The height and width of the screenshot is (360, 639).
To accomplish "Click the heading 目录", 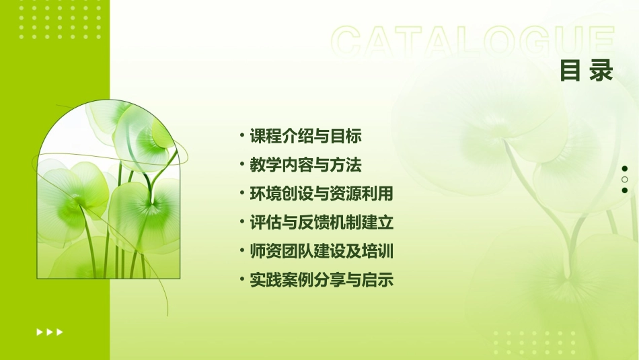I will (x=587, y=71).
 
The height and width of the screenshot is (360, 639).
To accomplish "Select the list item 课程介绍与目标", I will (x=306, y=136).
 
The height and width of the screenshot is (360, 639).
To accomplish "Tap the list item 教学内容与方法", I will (x=306, y=165).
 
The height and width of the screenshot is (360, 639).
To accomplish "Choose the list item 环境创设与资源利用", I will (x=321, y=194).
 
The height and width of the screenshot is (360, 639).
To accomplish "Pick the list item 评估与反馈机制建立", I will (x=321, y=223).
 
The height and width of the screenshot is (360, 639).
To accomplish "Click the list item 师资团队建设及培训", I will (x=321, y=252).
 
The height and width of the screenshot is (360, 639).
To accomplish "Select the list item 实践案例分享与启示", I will (x=321, y=281).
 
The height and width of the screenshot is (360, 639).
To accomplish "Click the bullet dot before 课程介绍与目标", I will (x=242, y=136).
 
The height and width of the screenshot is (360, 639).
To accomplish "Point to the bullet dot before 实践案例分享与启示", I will (x=242, y=280).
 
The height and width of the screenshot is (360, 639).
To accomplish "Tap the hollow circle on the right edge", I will (x=625, y=180).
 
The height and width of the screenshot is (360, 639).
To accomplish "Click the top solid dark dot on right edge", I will (x=625, y=169).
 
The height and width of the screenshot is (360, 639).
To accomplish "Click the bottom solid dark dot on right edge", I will (x=625, y=190).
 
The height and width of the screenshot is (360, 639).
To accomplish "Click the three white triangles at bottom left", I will (x=50, y=332).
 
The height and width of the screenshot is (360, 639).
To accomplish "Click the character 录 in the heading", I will (x=601, y=71).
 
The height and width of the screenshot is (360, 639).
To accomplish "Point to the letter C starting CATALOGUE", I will (x=348, y=42).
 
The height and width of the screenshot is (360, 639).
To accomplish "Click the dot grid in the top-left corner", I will (x=61, y=20).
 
